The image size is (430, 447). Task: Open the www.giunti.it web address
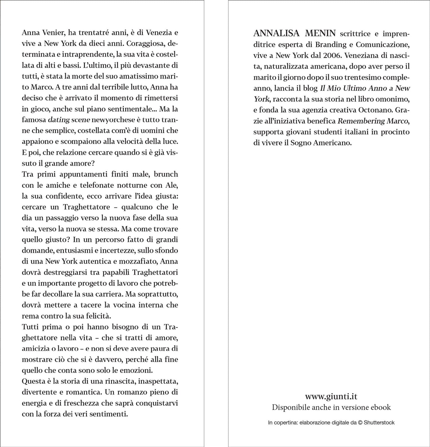click(331, 396)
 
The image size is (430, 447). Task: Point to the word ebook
click(381, 407)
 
